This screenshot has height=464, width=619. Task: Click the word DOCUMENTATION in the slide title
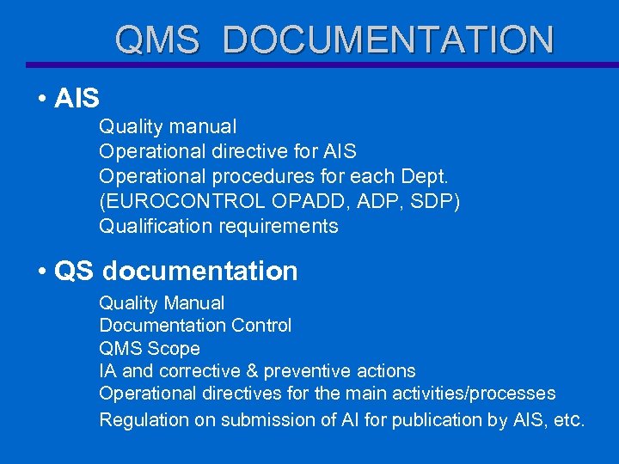(388, 40)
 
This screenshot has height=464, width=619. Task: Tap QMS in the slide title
(157, 40)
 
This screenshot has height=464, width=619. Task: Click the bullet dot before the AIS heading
(41, 99)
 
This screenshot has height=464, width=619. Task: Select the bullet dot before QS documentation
(41, 272)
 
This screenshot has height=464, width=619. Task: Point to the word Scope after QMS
(174, 349)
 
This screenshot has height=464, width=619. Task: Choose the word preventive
(303, 371)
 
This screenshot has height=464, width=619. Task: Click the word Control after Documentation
(261, 326)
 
